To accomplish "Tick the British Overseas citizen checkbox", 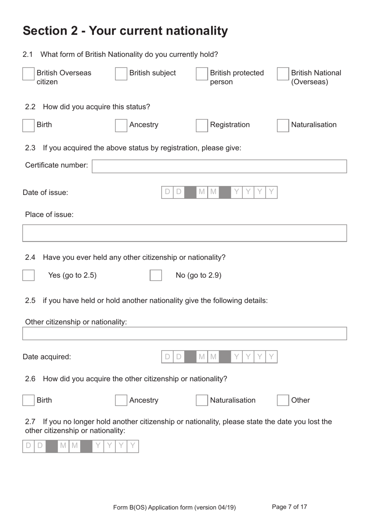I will pyautogui.click(x=28, y=74).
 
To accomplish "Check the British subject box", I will pyautogui.click(x=121, y=74).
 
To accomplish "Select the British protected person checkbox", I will pyautogui.click(x=202, y=74).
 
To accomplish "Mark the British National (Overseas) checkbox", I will pyautogui.click(x=283, y=74).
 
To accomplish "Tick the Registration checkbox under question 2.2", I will pyautogui.click(x=202, y=125).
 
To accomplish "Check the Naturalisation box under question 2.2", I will pyautogui.click(x=283, y=125).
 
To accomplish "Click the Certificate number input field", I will pyautogui.click(x=219, y=166).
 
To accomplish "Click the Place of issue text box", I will pyautogui.click(x=185, y=233).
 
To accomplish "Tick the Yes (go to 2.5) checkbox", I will pyautogui.click(x=28, y=275).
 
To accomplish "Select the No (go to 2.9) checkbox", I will pyautogui.click(x=156, y=275).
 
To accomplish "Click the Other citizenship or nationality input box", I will pyautogui.click(x=185, y=333).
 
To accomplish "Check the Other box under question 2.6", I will pyautogui.click(x=283, y=400).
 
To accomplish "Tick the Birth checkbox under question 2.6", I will pyautogui.click(x=28, y=400).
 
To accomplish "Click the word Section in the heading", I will pyautogui.click(x=45, y=31).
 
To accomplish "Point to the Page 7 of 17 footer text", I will pyautogui.click(x=289, y=507).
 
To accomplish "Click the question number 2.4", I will pyautogui.click(x=30, y=257).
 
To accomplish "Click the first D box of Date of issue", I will pyautogui.click(x=167, y=192).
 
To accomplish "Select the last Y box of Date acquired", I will pyautogui.click(x=271, y=357).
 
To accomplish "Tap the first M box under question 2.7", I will pyautogui.click(x=63, y=446).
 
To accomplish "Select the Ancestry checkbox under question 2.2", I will pyautogui.click(x=121, y=125).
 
